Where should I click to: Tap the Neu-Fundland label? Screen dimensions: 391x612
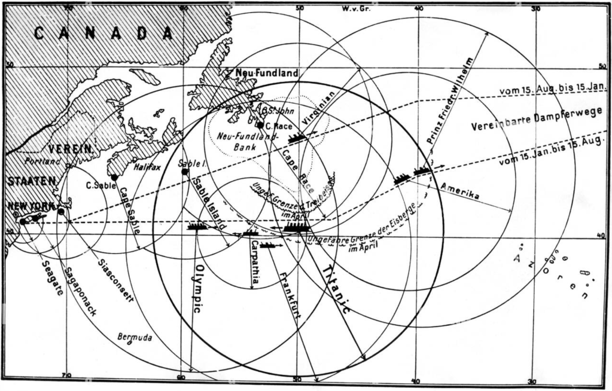[266, 73]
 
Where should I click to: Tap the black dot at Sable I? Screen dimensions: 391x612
[185, 172]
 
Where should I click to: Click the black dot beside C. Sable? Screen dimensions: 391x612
[114, 178]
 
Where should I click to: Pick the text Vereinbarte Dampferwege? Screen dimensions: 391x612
[536, 120]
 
